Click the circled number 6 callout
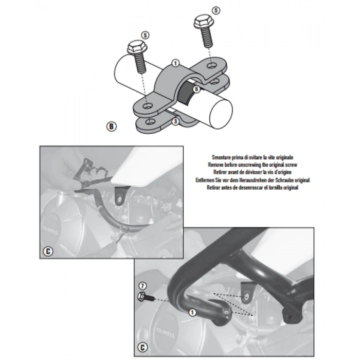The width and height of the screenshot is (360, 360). click(x=196, y=89)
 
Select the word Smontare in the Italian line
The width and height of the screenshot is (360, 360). click(x=224, y=157)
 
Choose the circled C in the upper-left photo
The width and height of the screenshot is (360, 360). click(x=47, y=251)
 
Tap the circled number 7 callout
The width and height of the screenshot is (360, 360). click(x=142, y=285)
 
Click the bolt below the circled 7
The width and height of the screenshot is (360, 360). click(x=143, y=297)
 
